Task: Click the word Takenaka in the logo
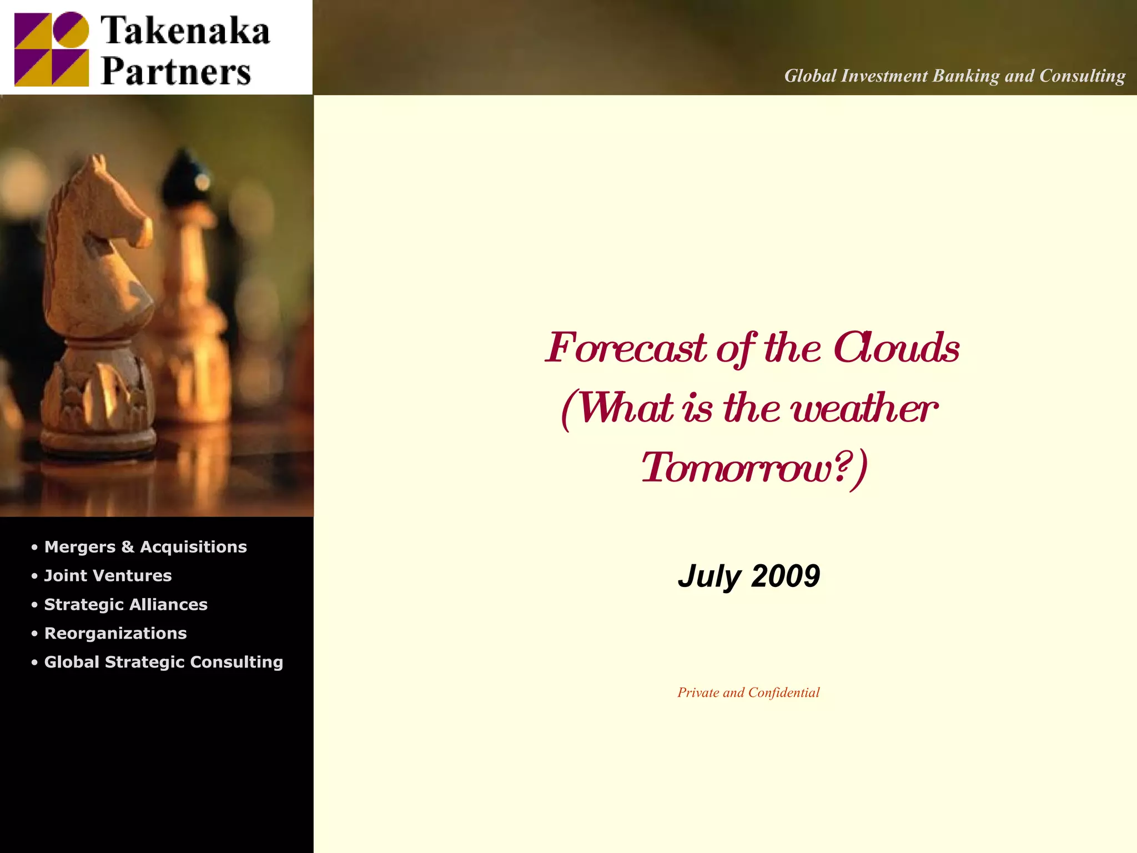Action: tap(185, 31)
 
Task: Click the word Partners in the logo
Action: tap(176, 72)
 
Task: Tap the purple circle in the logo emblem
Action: tap(71, 29)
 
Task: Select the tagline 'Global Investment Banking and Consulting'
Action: tap(954, 76)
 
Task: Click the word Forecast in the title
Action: tap(626, 348)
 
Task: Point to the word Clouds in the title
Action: tap(897, 348)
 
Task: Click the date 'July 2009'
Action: tap(748, 576)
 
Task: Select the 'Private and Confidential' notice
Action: tap(748, 693)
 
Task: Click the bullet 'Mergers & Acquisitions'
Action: tap(145, 547)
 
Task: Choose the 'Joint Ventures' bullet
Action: tap(108, 576)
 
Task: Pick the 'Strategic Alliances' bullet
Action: tap(125, 605)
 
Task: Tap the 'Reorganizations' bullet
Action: tap(115, 634)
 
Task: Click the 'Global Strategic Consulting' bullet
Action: tap(163, 663)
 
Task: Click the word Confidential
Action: tap(784, 693)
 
